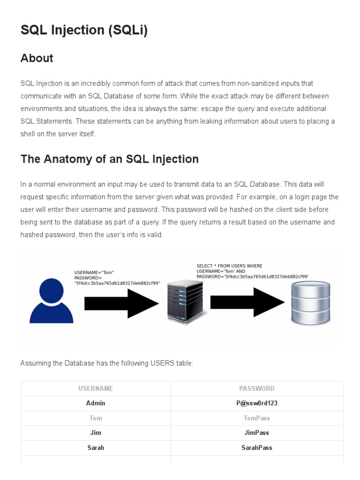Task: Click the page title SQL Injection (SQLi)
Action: pyautogui.click(x=84, y=30)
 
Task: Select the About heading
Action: pyautogui.click(x=37, y=58)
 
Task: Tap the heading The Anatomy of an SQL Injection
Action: pyautogui.click(x=109, y=159)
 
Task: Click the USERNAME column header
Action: pyautogui.click(x=96, y=389)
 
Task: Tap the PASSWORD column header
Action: pyautogui.click(x=257, y=389)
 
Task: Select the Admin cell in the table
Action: pyautogui.click(x=96, y=403)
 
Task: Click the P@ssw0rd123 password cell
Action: pyautogui.click(x=257, y=403)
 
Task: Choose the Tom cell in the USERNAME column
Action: pyautogui.click(x=96, y=418)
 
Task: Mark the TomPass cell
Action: pyautogui.click(x=257, y=418)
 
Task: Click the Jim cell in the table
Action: pyautogui.click(x=96, y=433)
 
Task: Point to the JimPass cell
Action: pyautogui.click(x=257, y=433)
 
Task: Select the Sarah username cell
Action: pyautogui.click(x=96, y=448)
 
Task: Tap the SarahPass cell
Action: pyautogui.click(x=257, y=448)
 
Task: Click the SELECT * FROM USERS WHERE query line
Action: pyautogui.click(x=230, y=266)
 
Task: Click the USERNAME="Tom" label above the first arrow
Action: pyautogui.click(x=94, y=272)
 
